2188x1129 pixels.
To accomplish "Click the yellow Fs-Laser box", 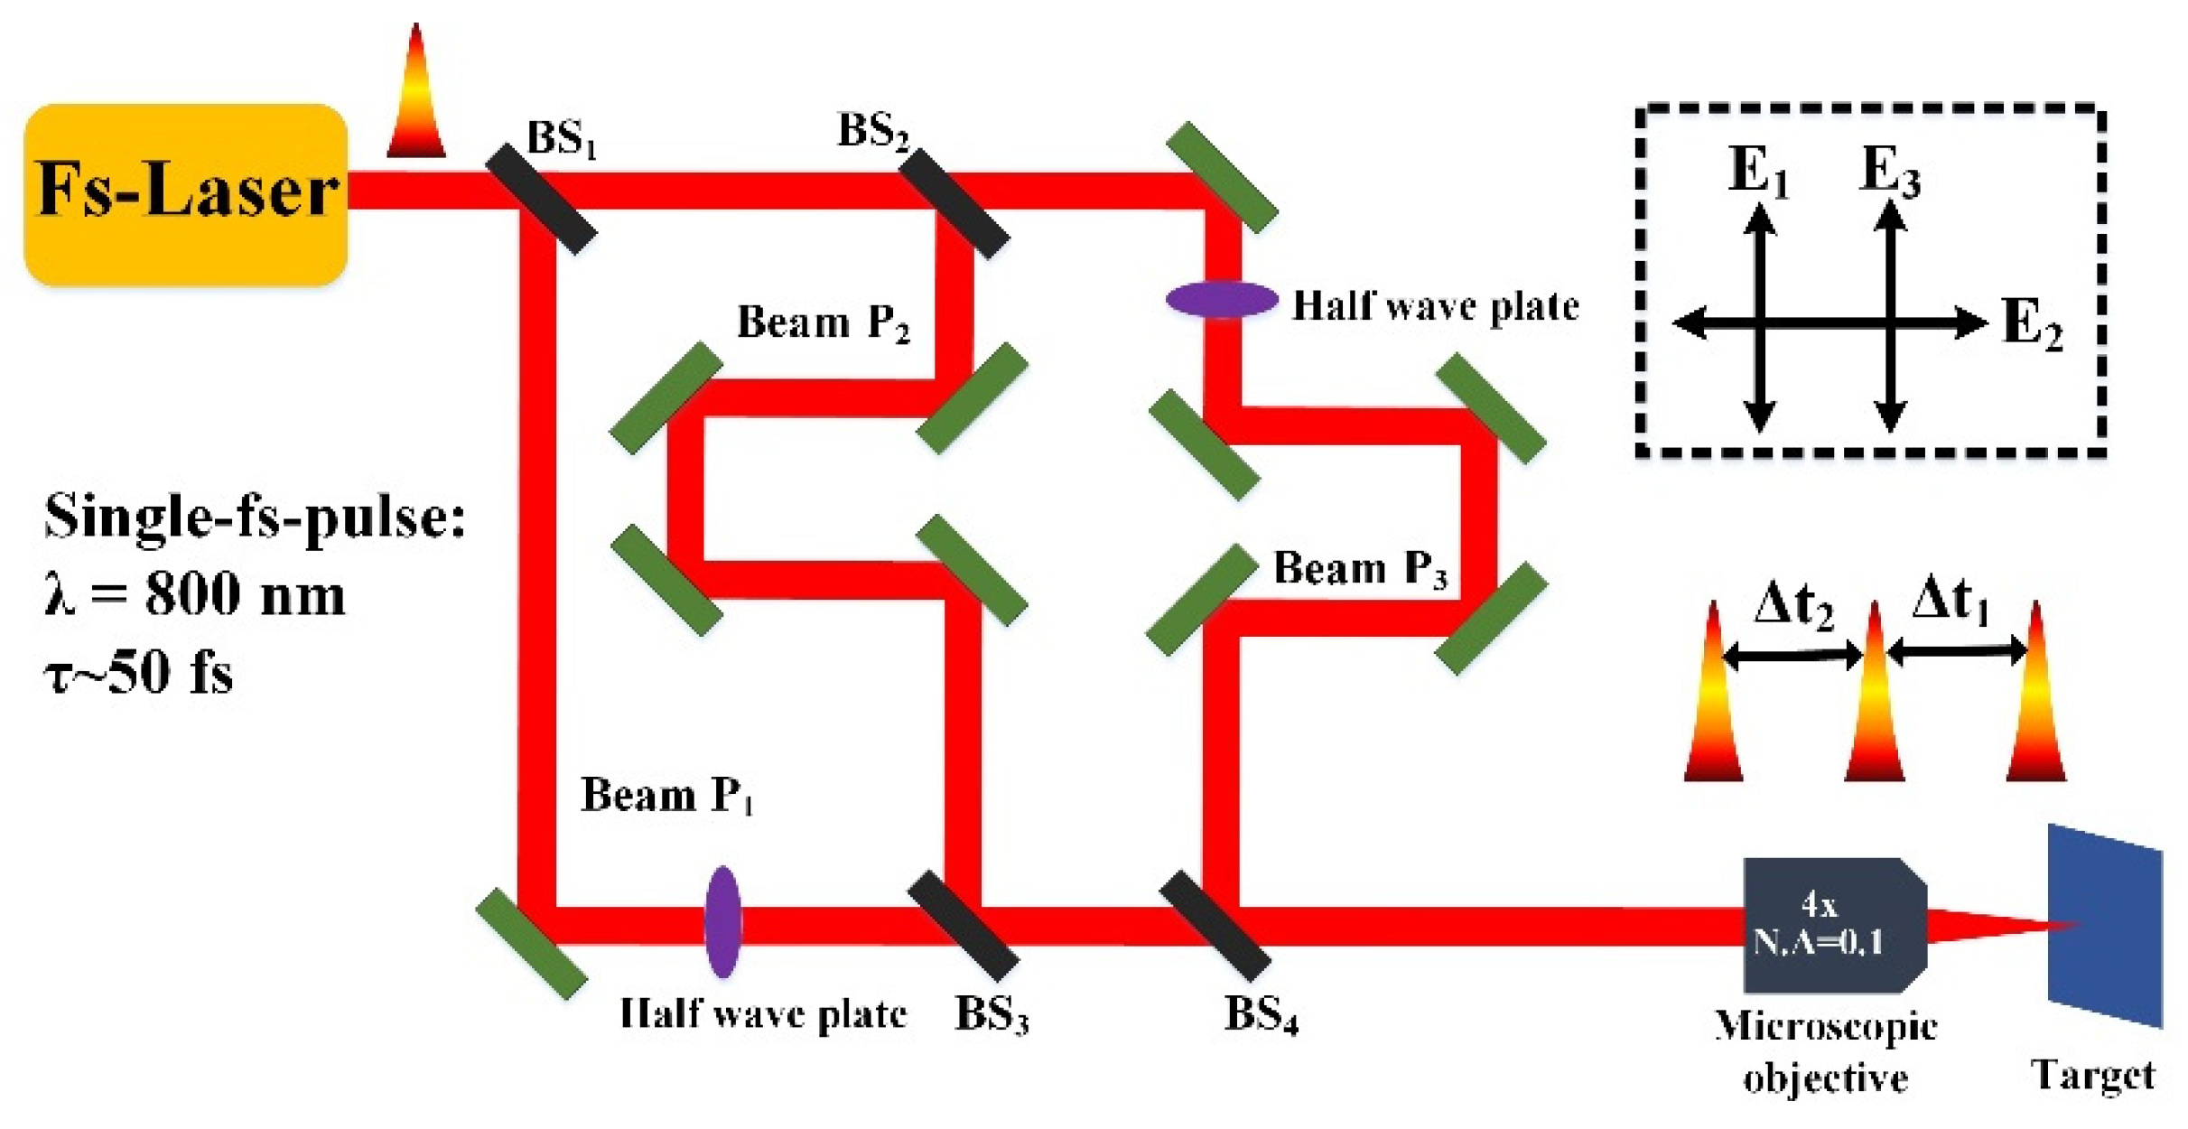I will [185, 194].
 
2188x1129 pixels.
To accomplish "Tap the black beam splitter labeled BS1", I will [541, 199].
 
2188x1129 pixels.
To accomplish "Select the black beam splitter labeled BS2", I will [954, 203].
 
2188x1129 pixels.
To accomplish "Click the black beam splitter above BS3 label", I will [963, 927].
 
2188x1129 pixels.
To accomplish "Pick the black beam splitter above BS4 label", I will [1215, 927].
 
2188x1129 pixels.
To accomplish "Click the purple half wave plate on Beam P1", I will [722, 922].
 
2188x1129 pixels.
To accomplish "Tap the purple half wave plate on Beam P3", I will [1222, 300].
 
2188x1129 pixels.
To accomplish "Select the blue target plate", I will [2104, 926].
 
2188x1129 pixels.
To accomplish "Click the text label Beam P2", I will [823, 322].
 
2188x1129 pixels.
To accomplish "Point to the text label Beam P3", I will [1360, 569].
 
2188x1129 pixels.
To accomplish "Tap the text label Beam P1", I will [666, 796].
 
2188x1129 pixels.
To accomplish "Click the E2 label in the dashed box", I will [2032, 323].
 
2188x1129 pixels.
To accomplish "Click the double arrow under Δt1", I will [1956, 651].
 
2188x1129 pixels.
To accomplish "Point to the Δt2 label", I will [1793, 603].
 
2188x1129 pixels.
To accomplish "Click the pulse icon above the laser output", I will [416, 95].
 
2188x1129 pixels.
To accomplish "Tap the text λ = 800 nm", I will [194, 595].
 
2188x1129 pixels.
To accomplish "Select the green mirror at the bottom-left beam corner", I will [531, 944].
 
